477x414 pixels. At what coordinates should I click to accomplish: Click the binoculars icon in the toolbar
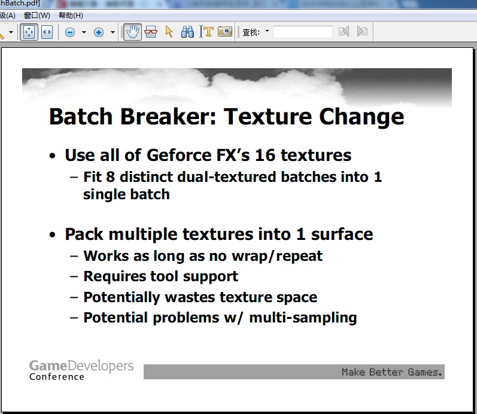tap(187, 32)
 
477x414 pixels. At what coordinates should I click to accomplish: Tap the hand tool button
tap(132, 32)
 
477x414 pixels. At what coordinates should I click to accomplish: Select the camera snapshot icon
tap(225, 31)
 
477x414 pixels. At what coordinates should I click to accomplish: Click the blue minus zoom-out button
tap(70, 32)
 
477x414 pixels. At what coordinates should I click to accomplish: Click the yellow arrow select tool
tap(169, 32)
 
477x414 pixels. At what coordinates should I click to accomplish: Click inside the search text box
tap(303, 32)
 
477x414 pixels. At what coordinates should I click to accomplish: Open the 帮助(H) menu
tap(71, 15)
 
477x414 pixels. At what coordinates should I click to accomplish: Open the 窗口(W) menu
tap(37, 15)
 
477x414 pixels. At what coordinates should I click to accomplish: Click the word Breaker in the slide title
tap(168, 117)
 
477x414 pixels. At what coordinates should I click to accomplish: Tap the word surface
tap(342, 235)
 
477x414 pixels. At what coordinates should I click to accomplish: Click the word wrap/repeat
tap(277, 256)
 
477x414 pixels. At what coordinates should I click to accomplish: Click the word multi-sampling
tap(303, 318)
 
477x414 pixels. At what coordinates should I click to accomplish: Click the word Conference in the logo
tap(57, 377)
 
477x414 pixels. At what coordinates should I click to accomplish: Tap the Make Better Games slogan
tap(392, 372)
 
